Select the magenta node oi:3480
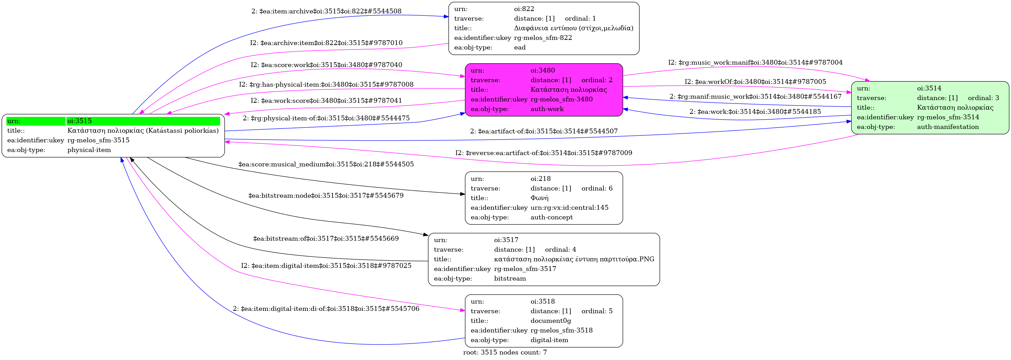[544, 90]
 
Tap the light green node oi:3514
[930, 108]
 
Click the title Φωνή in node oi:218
[539, 198]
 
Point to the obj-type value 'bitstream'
[510, 279]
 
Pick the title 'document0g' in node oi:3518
[551, 321]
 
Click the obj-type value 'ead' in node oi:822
[520, 47]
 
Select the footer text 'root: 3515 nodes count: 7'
[505, 352]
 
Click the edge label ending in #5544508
[326, 11]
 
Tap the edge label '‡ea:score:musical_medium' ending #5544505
[326, 164]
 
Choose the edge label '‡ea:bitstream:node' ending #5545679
[326, 196]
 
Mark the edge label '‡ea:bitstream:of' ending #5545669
[326, 238]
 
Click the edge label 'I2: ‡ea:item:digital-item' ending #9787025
[326, 266]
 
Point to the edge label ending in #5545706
[326, 308]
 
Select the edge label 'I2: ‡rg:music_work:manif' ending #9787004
[755, 63]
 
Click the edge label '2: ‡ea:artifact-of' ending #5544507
[544, 131]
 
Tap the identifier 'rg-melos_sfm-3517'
[525, 269]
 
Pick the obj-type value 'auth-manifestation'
[948, 127]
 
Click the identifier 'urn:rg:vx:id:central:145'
[569, 208]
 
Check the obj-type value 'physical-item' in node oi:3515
[89, 150]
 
